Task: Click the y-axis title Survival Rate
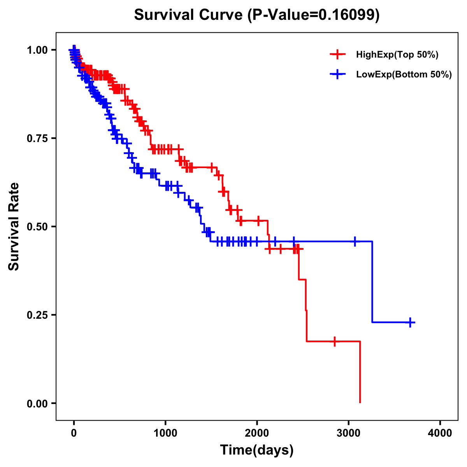(14, 226)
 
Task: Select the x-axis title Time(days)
(257, 450)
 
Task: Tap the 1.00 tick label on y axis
(37, 50)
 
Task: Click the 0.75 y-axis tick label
(37, 138)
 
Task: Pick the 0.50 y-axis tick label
(37, 226)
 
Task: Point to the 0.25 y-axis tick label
(37, 315)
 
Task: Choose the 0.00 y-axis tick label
(37, 403)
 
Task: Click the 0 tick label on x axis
(74, 433)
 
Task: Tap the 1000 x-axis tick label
(165, 433)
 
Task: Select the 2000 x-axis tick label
(257, 433)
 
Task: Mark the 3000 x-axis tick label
(349, 433)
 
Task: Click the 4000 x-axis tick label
(440, 433)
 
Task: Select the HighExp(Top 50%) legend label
(397, 55)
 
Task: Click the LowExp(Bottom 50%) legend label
(404, 75)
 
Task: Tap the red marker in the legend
(338, 55)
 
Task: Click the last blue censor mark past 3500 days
(410, 322)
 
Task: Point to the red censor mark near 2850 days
(334, 341)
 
